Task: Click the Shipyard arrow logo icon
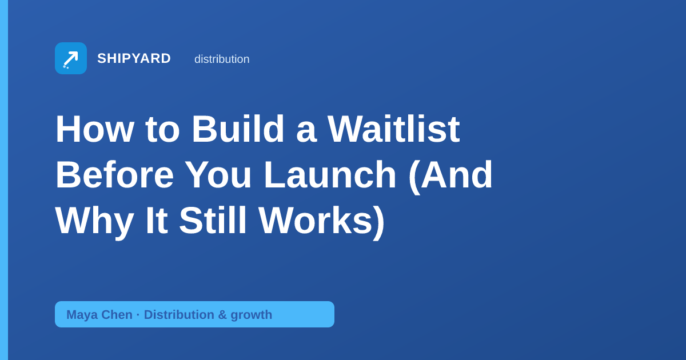(71, 58)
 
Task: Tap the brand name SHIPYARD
(134, 58)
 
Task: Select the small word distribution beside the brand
(222, 59)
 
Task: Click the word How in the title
(95, 129)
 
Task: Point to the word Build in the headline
(238, 129)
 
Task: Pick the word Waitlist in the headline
(393, 129)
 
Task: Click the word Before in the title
(114, 174)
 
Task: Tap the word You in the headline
(218, 174)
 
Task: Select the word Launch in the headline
(330, 174)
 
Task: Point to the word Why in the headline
(94, 222)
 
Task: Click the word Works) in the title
(321, 222)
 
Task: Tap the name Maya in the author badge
(82, 315)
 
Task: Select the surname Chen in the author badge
(117, 315)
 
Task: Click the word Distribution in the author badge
(179, 315)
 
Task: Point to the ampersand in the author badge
(222, 315)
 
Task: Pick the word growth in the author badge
(252, 315)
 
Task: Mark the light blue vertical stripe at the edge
(4, 180)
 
